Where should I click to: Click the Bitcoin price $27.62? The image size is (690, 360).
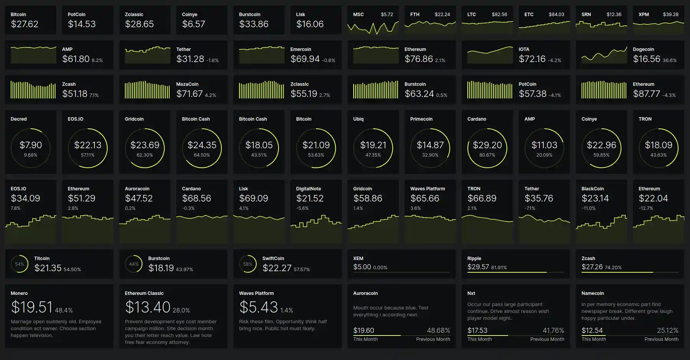25,24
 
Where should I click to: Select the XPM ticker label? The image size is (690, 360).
644,15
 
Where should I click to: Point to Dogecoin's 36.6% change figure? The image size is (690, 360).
670,61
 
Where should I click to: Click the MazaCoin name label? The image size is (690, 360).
187,84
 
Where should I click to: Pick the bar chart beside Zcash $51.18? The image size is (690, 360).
33,90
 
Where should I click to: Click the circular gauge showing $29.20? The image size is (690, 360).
487,148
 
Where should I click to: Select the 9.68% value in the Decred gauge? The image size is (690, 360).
31,155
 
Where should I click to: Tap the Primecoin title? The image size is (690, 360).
421,119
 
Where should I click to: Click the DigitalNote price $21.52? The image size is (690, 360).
310,198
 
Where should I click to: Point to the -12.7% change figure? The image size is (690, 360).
646,208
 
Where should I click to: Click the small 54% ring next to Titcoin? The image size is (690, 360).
20,264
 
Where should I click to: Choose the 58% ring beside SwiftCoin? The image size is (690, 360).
248,264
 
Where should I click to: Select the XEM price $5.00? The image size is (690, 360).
362,267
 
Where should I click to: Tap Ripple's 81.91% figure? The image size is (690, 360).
499,268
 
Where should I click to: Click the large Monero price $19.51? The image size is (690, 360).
32,307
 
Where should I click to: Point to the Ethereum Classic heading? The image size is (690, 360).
144,293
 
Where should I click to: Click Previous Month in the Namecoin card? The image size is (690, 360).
661,339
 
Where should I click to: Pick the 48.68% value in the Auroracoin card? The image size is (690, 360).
438,331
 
